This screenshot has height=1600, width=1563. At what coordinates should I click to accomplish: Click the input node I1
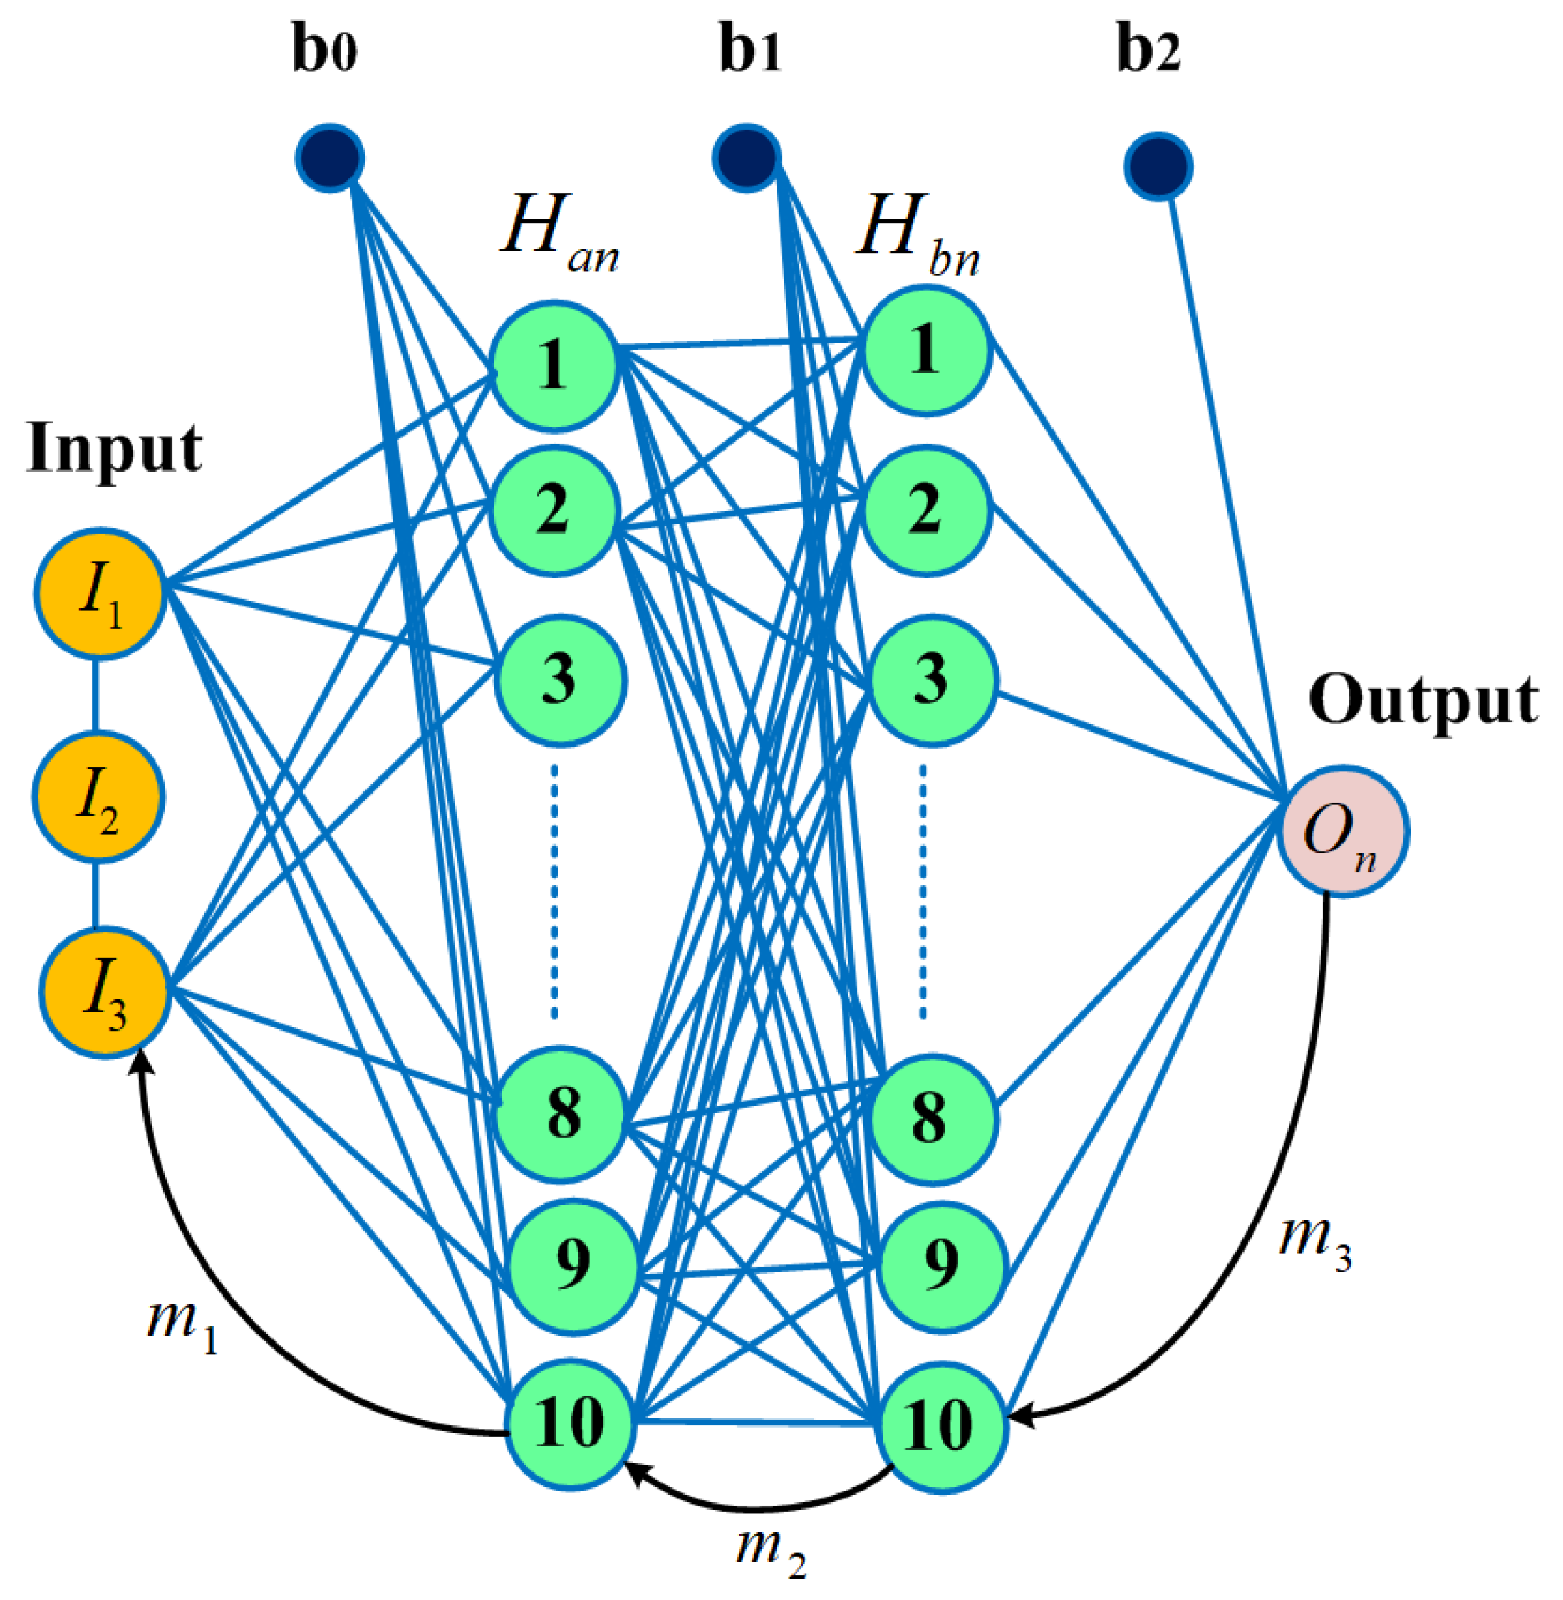click(101, 593)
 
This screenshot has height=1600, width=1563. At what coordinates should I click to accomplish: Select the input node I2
click(98, 797)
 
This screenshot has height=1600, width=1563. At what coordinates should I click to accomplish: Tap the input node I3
click(105, 993)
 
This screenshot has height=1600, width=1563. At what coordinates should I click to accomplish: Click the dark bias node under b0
click(330, 157)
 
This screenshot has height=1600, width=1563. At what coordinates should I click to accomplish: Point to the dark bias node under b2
click(1158, 167)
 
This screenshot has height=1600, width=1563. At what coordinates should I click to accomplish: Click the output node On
click(1344, 831)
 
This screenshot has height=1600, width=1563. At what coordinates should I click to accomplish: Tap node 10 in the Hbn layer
click(943, 1427)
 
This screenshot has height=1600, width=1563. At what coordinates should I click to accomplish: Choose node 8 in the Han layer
click(562, 1115)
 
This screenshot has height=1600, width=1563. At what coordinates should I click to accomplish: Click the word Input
click(114, 450)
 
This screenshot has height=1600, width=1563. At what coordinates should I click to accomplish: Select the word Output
click(1423, 700)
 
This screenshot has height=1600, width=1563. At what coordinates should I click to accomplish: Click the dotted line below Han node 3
click(555, 890)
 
